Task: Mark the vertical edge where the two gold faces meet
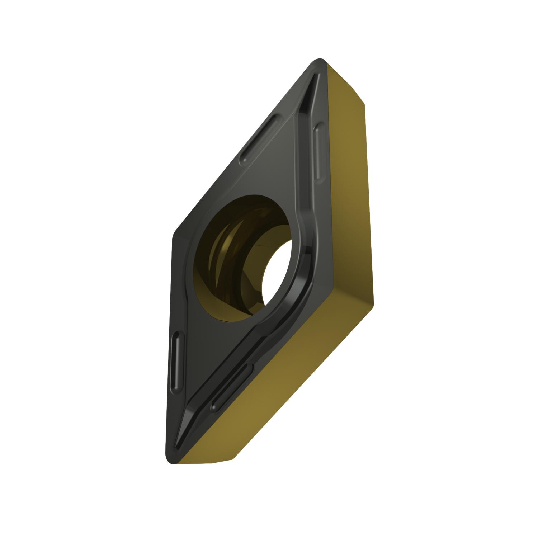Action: point(369,201)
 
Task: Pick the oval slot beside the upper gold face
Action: point(319,151)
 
